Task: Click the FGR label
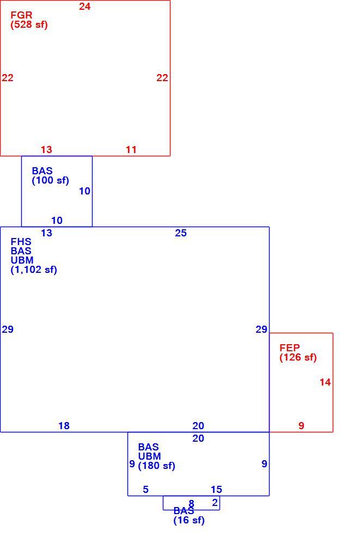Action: coord(21,15)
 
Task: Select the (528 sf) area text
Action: coord(29,25)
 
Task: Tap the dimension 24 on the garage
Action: coord(84,6)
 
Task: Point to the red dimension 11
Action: coord(131,149)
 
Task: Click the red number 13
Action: coord(47,149)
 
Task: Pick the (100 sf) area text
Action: coord(50,180)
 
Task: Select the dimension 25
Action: coord(181,233)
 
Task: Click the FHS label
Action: coord(21,242)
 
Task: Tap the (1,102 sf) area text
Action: coord(34,270)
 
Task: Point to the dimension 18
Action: coord(64,426)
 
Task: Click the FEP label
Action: coord(289,347)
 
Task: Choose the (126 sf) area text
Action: coord(298,357)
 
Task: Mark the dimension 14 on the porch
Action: coord(325,382)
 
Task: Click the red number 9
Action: coord(301,426)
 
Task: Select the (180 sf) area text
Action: coord(156,466)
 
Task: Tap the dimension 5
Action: coord(145,490)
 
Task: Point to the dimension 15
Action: coord(216,490)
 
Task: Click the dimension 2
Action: coord(215,502)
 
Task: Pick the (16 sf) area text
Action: coord(189,520)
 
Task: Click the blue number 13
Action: coord(47,233)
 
